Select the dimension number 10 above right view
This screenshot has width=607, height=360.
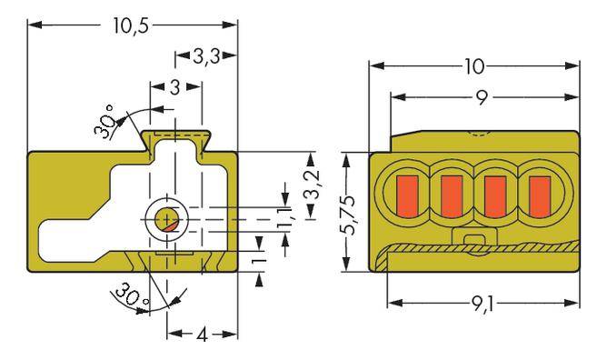[473, 66]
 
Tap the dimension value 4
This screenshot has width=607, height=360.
[202, 334]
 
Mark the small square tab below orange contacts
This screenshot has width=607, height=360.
[472, 240]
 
